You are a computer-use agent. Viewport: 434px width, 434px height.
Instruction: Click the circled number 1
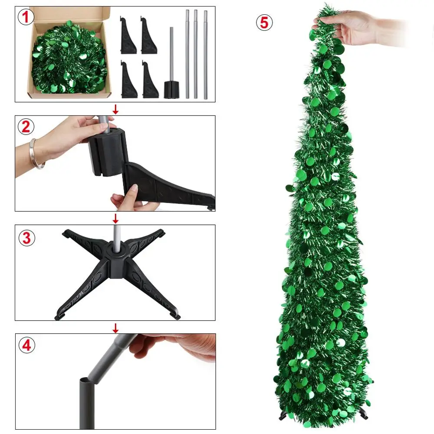point(26,17)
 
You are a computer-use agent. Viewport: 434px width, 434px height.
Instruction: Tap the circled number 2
point(26,127)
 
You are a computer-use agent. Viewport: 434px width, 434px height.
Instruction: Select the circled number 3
point(26,238)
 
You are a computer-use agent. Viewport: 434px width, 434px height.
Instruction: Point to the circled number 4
point(26,345)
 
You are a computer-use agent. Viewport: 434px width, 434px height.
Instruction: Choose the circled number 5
point(264,23)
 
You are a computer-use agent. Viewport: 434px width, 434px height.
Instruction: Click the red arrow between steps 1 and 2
point(115,109)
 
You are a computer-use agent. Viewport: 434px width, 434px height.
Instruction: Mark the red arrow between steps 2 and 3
point(115,218)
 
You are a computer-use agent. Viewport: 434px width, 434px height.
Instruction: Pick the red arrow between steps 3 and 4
point(115,328)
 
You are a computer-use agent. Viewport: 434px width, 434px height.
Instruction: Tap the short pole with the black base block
point(171,66)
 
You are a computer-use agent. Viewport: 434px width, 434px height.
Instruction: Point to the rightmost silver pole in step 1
point(205,55)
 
